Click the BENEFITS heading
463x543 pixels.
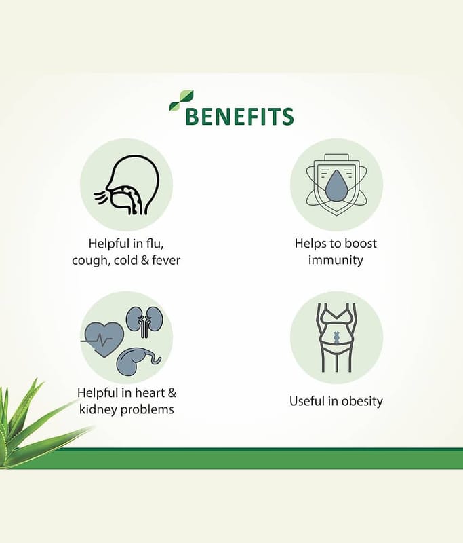[x=239, y=116]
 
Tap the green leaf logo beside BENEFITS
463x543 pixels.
[x=181, y=100]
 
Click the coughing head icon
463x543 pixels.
[x=127, y=185]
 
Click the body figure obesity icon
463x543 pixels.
[x=336, y=337]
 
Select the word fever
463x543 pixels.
[x=166, y=260]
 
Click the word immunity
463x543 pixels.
[x=336, y=260]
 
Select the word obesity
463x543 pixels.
[x=362, y=401]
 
